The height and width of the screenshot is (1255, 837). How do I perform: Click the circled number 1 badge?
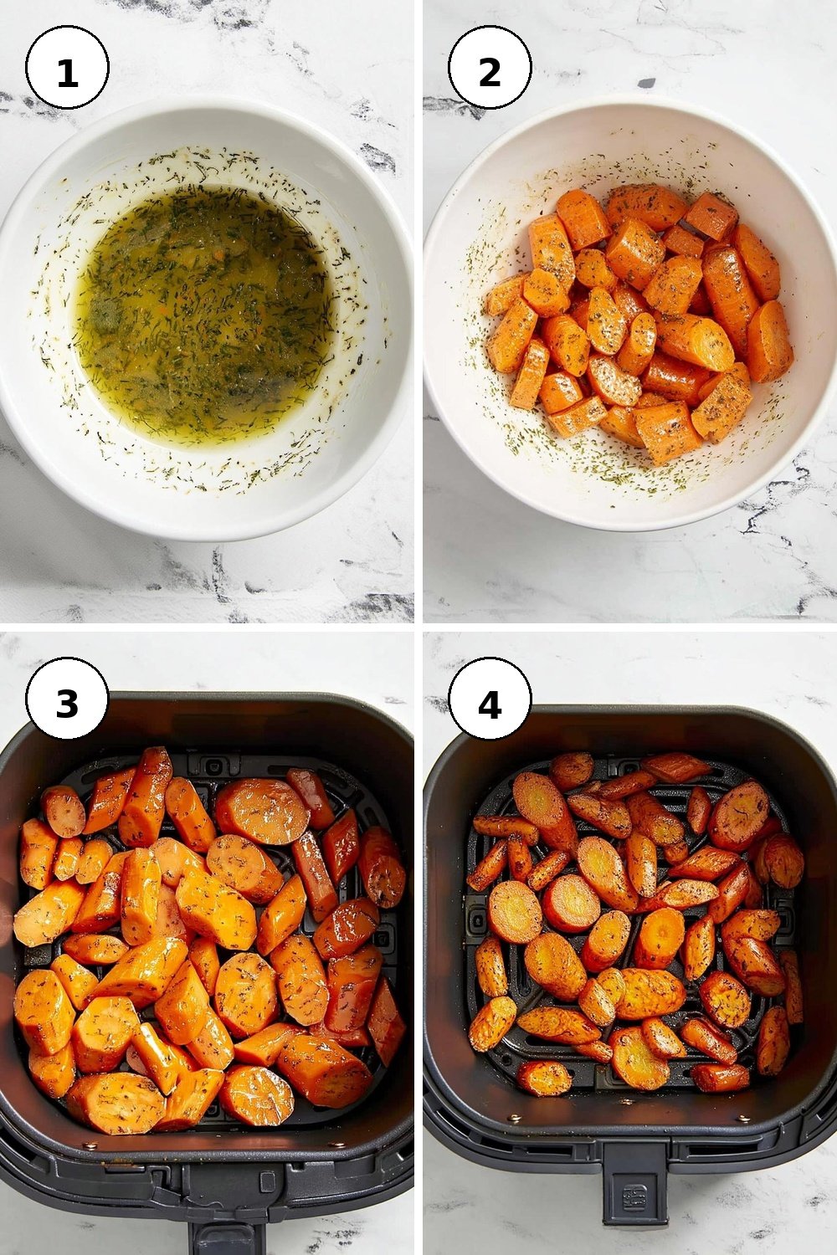(67, 68)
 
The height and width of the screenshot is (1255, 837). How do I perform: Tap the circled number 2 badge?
(490, 68)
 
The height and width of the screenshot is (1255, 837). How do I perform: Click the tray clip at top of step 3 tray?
(213, 765)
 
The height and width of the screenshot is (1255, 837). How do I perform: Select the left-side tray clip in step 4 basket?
(478, 919)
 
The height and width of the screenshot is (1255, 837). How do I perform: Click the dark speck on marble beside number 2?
(646, 84)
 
